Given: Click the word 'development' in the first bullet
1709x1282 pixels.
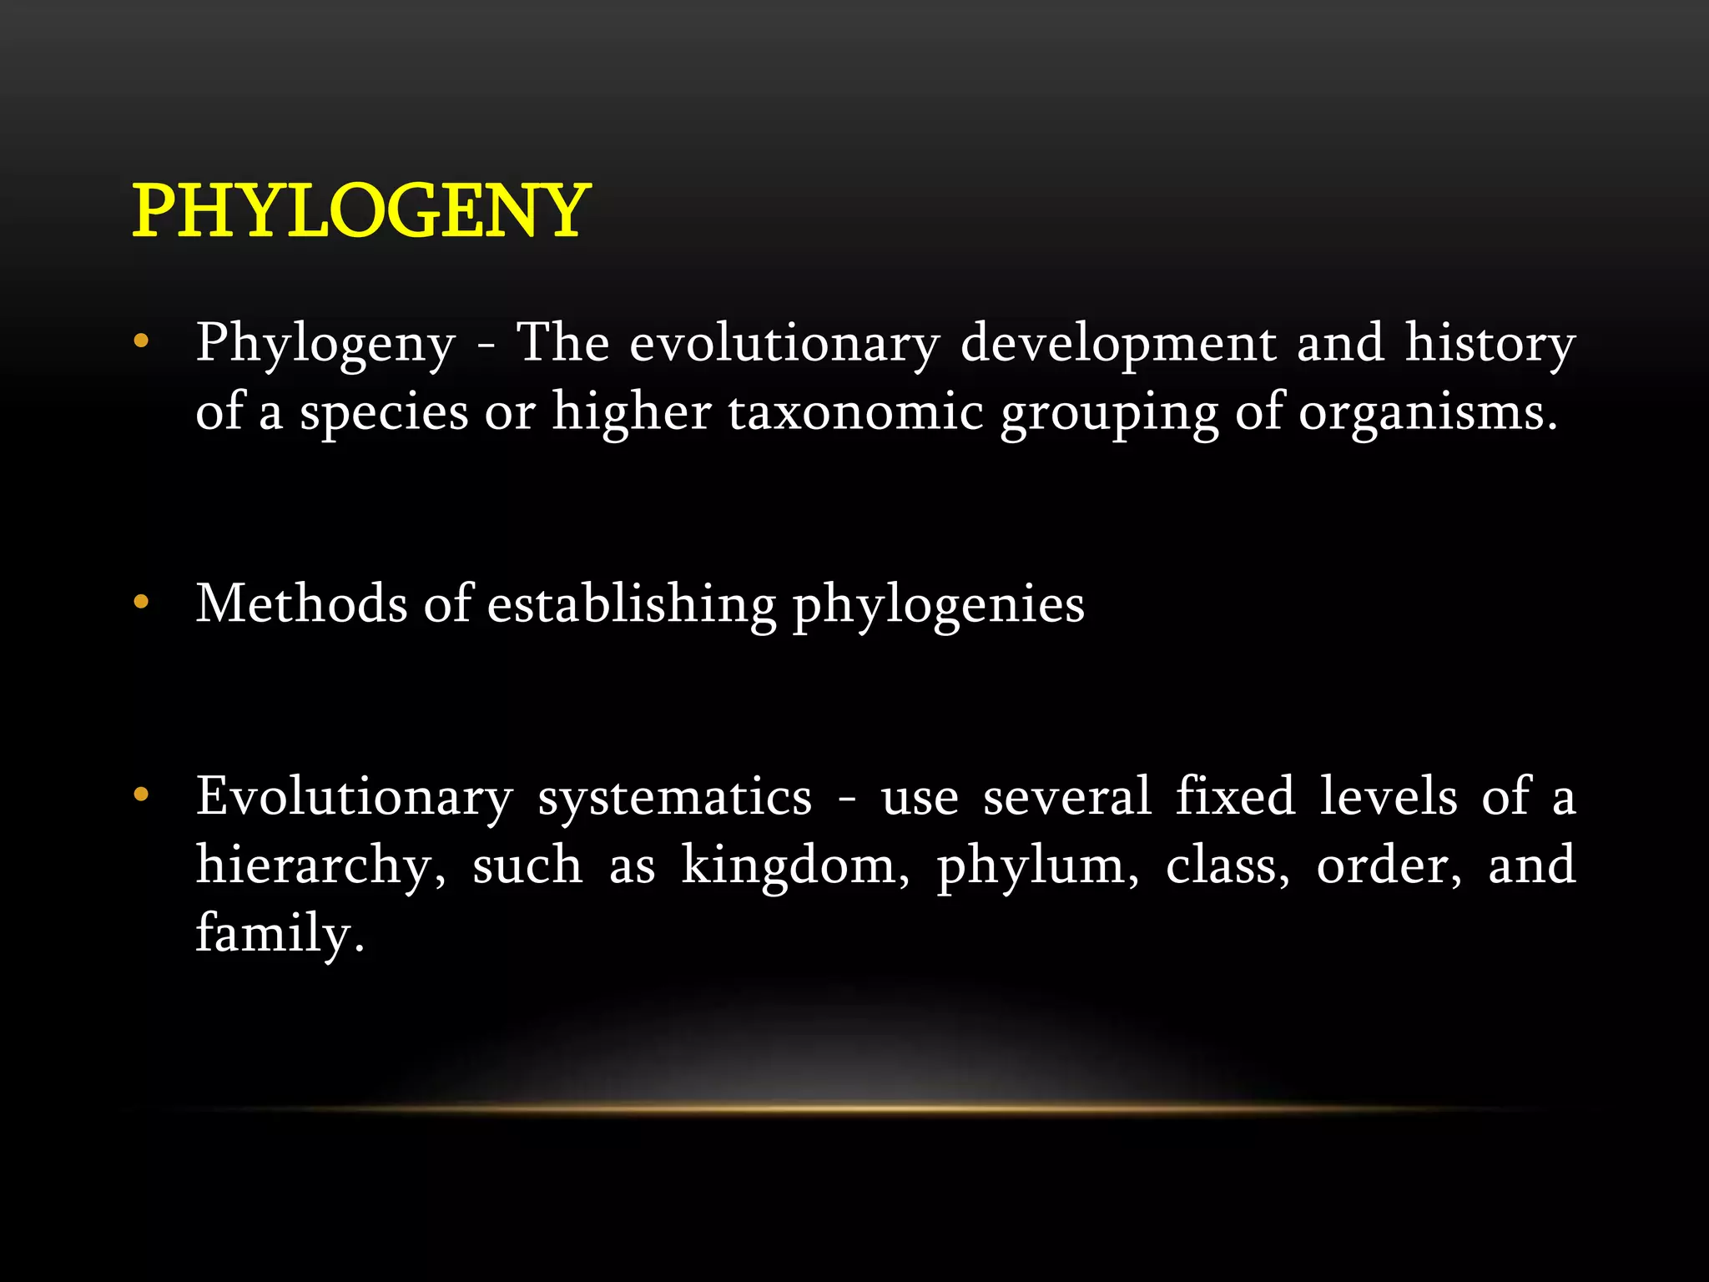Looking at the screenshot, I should coord(1118,343).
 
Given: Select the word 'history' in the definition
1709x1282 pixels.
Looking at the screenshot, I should coord(1490,343).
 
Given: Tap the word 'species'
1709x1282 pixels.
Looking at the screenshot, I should coord(384,411).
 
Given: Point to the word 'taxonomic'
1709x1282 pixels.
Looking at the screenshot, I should coord(855,411).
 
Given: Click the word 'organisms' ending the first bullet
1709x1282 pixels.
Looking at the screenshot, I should coord(1427,411).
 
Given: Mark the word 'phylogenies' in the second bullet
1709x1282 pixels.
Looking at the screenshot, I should coord(938,604).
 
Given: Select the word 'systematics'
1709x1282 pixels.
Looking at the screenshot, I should coord(674,797).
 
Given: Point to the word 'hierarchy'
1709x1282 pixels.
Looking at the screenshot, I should coord(320,866).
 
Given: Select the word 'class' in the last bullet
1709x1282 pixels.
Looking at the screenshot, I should coord(1227,866).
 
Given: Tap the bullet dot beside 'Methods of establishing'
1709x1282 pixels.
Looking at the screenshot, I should coord(141,602).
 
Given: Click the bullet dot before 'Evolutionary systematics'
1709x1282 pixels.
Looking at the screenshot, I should coord(141,795).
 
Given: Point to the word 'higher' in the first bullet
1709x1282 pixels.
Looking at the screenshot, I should coord(632,411).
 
